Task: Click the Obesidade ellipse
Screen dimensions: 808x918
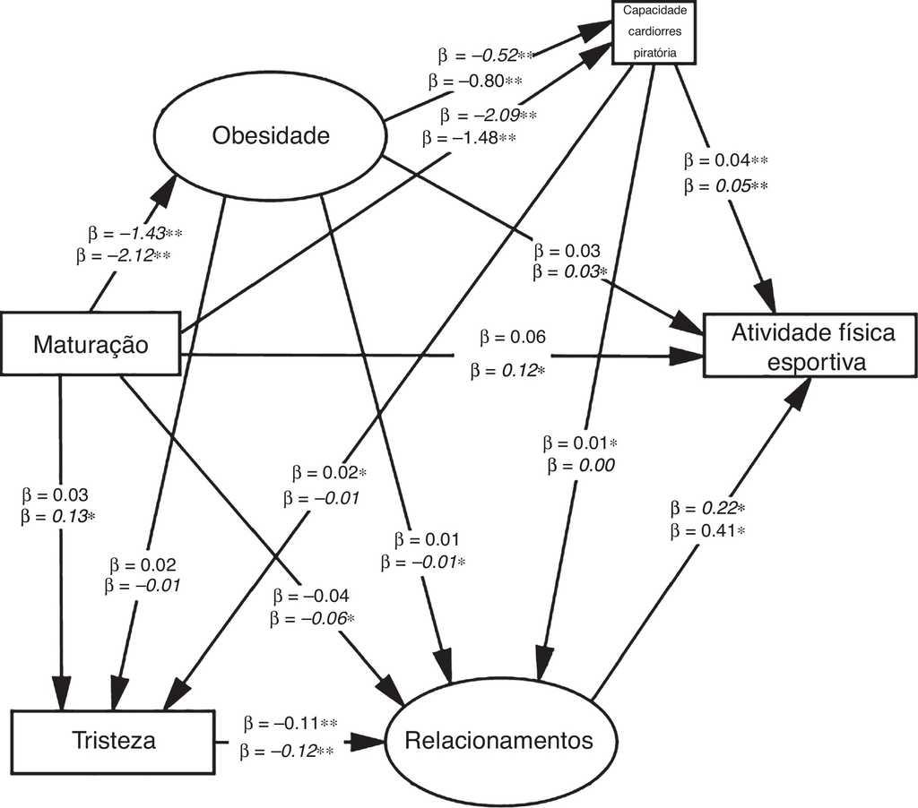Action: [271, 135]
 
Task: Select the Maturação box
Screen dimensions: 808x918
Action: [91, 343]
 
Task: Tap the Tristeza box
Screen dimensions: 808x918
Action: [114, 741]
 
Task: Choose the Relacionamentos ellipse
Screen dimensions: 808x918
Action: [499, 741]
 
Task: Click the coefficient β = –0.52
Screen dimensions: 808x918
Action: [481, 56]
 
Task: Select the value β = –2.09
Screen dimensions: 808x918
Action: [488, 116]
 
